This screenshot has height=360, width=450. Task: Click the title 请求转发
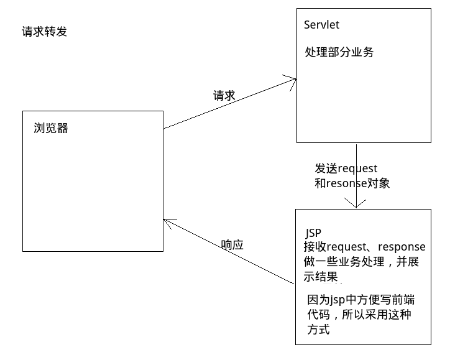coord(44,31)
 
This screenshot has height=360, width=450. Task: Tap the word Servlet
coord(322,25)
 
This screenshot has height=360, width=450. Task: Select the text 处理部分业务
coord(339,52)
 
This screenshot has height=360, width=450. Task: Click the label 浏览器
coord(51,128)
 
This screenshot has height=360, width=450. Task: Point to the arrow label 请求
coord(224,96)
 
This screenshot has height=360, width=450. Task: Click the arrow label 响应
coord(232,245)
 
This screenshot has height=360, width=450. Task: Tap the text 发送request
coord(346,168)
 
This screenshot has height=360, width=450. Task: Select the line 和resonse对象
coord(352,183)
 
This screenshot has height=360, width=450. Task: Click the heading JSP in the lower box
coord(313,233)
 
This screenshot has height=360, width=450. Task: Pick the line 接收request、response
coord(360,247)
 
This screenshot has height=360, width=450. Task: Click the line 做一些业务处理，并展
coord(361,262)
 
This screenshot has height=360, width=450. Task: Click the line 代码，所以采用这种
coord(359,315)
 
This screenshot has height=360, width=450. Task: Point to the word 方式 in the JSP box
coord(318,330)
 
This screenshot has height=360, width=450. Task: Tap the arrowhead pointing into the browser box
coord(168,221)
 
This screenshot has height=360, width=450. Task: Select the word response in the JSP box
coord(402,247)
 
